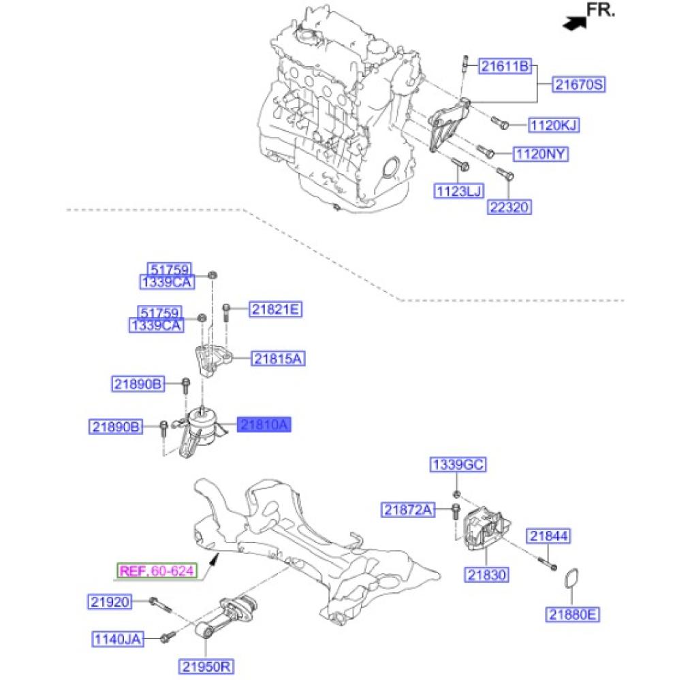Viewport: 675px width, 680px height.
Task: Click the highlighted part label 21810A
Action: point(264,425)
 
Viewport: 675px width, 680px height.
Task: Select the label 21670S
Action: point(579,84)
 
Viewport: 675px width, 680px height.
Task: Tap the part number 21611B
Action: point(504,66)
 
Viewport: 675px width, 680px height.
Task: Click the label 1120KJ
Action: point(554,125)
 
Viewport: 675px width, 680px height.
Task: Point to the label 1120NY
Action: point(540,154)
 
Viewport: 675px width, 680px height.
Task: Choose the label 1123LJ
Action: point(458,191)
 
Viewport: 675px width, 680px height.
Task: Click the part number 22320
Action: point(509,207)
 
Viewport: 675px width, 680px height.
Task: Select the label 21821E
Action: point(274,310)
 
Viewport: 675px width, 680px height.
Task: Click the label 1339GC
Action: point(458,466)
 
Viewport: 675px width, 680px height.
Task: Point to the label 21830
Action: point(487,574)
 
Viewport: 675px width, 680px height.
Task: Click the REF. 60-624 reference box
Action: point(157,570)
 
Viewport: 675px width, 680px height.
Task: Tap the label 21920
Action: point(109,602)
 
